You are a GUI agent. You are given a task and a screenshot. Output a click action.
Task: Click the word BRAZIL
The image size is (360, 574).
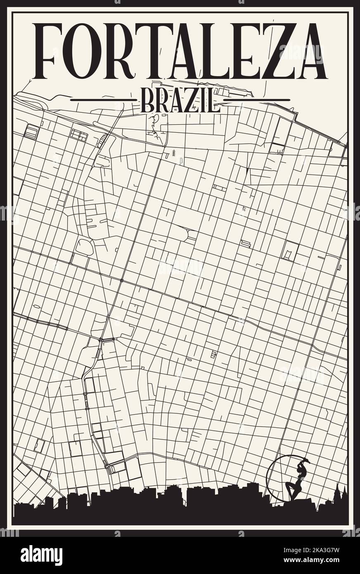point(180,100)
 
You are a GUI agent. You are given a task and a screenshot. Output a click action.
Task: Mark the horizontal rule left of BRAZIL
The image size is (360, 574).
point(103,100)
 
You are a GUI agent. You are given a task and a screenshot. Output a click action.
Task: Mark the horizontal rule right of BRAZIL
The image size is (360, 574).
point(256,100)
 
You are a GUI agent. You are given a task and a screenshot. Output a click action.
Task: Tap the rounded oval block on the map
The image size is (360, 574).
point(85,247)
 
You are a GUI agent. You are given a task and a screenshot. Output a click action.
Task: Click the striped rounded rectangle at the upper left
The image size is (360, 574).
point(31,133)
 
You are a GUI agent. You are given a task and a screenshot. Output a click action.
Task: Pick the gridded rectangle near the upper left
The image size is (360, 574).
point(78,135)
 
